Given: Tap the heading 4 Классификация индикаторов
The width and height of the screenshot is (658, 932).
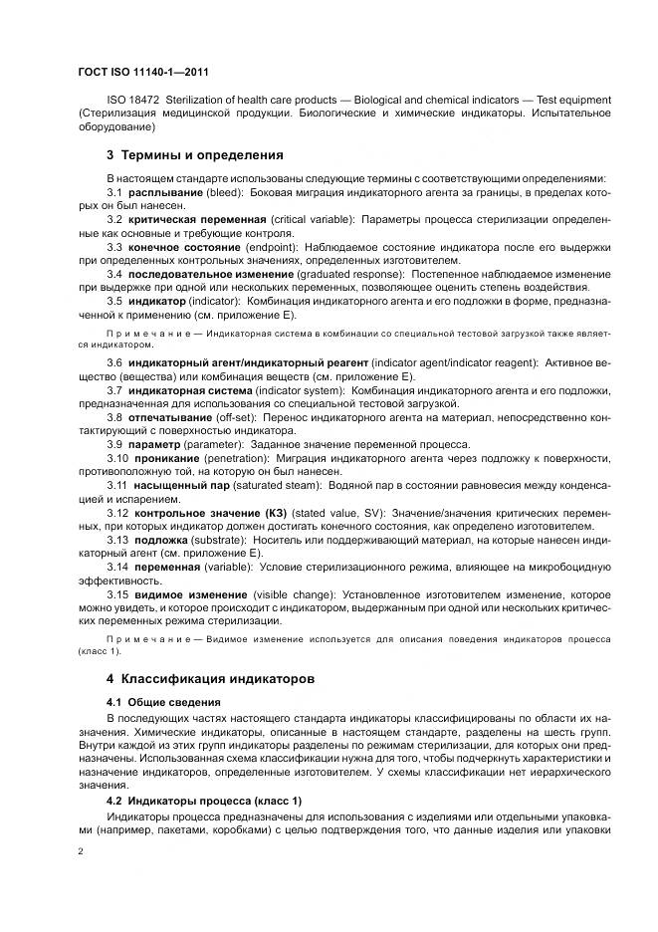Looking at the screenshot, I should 211,678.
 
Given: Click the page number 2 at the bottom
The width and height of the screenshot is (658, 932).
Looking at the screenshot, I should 81,852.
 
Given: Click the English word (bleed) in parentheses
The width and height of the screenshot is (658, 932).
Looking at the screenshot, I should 225,191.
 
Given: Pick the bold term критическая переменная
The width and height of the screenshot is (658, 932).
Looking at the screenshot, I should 195,217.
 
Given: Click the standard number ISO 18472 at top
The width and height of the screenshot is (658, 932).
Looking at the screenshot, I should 132,100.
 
